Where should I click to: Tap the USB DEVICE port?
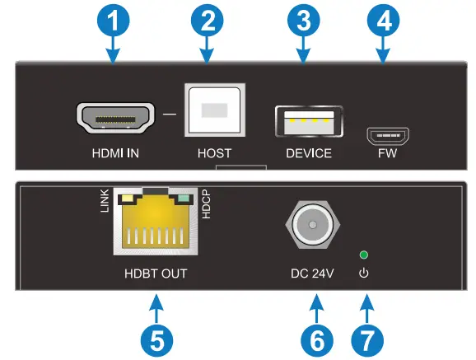point(309,122)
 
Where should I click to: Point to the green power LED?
point(363,255)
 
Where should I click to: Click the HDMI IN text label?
point(116,153)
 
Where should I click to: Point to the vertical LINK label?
point(105,202)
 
